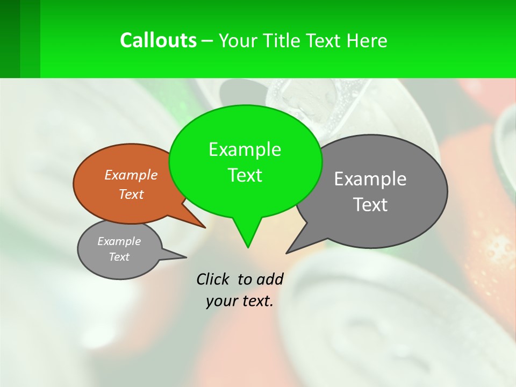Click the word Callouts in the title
[x=158, y=40]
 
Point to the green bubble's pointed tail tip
[x=248, y=247]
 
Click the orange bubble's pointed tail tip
[x=205, y=227]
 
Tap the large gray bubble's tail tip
[x=286, y=253]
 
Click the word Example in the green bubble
[x=245, y=149]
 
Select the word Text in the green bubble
[x=245, y=175]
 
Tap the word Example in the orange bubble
[x=131, y=175]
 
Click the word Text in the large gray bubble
[x=370, y=205]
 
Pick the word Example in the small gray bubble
[x=119, y=241]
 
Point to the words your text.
[x=240, y=301]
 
